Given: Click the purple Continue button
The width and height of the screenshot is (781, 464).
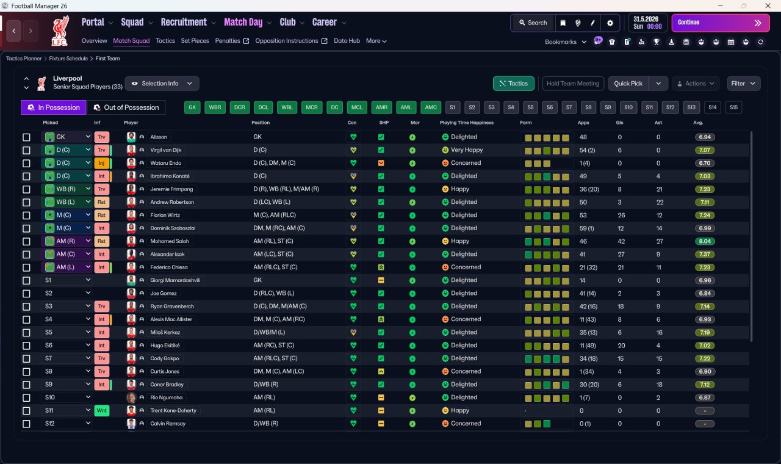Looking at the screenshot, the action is [x=721, y=23].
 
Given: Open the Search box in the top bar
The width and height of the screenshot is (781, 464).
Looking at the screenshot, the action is [x=533, y=23].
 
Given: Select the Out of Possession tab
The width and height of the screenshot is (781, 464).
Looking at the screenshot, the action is [x=126, y=107].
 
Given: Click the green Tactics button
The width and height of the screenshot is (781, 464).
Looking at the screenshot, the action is [x=513, y=84].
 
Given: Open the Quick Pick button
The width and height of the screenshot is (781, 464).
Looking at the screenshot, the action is [x=628, y=84].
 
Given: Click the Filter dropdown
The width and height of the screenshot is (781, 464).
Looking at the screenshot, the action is [x=743, y=84].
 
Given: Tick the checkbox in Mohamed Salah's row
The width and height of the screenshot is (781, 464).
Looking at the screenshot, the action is [x=26, y=241].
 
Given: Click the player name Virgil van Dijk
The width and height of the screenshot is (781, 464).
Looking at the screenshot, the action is [x=165, y=150].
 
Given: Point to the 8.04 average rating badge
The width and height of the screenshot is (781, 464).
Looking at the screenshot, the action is [x=705, y=241].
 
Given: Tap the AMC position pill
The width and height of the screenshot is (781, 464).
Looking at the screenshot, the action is [x=431, y=107].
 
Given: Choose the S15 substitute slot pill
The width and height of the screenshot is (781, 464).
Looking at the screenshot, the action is [x=733, y=107].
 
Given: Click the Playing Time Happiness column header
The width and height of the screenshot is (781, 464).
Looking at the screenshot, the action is [x=467, y=123].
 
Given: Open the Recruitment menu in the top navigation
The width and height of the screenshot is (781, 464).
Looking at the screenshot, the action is [x=184, y=23].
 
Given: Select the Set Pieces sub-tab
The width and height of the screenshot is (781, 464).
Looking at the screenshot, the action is [x=195, y=41].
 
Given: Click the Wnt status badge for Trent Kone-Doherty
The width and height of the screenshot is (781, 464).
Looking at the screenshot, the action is [x=101, y=411].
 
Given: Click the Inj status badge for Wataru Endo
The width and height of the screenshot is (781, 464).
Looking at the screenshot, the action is [x=101, y=163].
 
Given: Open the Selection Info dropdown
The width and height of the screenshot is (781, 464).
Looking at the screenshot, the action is [x=162, y=84].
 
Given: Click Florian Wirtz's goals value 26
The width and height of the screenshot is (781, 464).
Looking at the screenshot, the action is [x=621, y=216].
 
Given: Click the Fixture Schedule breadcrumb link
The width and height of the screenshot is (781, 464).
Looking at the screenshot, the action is [x=68, y=59].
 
